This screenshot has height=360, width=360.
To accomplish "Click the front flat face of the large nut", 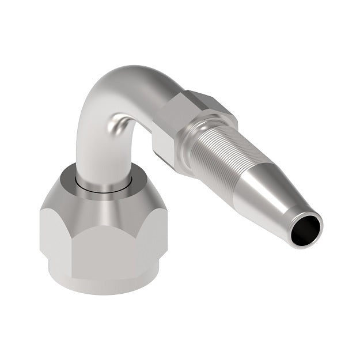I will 101,242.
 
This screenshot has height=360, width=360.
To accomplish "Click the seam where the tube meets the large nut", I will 104,187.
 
